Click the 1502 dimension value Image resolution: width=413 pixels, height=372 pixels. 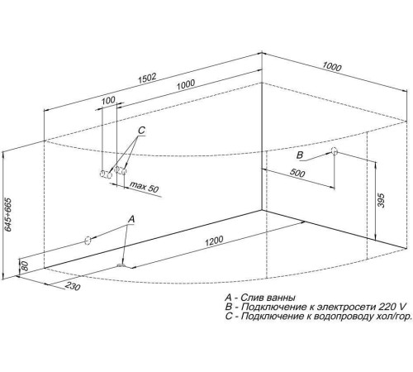point(147,79)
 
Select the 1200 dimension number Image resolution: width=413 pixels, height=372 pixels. point(214,241)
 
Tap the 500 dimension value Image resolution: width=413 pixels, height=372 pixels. point(297,173)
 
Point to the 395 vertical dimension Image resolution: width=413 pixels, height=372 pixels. point(381,201)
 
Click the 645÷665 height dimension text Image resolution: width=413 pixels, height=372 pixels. point(8,214)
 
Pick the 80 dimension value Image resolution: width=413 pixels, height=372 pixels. point(25,266)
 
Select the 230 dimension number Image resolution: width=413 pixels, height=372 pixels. point(73,286)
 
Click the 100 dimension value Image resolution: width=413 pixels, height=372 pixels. point(108,100)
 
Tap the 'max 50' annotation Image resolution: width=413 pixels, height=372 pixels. point(144,187)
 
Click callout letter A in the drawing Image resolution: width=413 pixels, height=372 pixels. point(131,219)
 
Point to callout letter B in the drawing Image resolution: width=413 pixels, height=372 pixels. point(300,155)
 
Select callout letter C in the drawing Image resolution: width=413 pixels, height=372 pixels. point(141,130)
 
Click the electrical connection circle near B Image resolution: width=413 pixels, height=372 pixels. point(334,150)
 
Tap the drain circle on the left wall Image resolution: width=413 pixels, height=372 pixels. point(88,241)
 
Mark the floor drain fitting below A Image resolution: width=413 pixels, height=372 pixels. point(121,265)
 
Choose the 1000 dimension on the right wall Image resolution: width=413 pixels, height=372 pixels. point(332,67)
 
